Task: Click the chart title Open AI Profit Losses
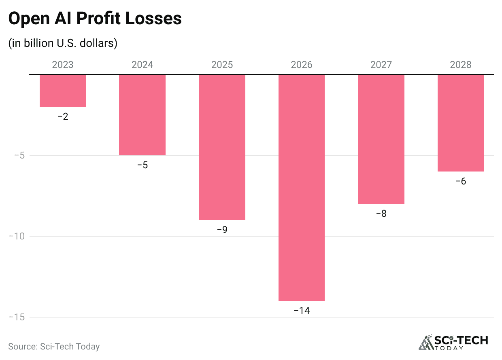95,19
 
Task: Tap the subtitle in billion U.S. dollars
63,43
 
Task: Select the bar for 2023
63,91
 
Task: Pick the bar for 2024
142,115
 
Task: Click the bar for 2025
222,147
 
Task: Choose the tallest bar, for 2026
302,188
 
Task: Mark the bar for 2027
381,139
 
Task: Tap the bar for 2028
461,123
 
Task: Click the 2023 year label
63,65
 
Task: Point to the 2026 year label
302,65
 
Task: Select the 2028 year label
461,65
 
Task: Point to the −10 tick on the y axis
17,236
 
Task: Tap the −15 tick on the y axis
17,317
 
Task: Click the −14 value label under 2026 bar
302,311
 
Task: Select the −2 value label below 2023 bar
63,116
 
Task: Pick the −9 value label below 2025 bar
222,230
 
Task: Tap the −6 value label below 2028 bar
461,181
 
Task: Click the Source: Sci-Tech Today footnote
54,346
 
